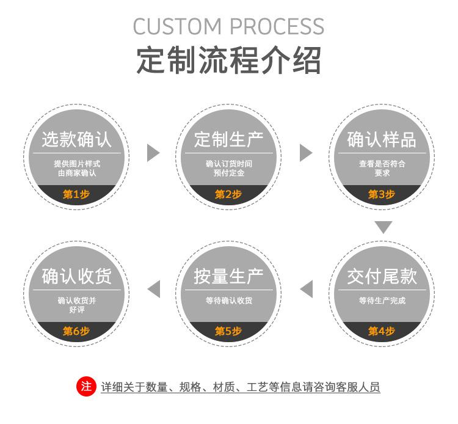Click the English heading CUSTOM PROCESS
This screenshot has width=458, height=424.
tap(228, 26)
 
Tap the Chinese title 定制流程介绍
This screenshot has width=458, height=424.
tap(228, 60)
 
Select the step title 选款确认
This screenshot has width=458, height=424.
tap(76, 140)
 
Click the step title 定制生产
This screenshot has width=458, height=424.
tap(229, 140)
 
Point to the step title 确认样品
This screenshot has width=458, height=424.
tap(382, 140)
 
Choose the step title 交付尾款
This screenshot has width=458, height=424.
tap(382, 276)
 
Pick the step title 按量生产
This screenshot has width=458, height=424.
tap(229, 276)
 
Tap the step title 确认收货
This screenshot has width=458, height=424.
tap(76, 276)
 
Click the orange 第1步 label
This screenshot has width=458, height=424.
tap(76, 194)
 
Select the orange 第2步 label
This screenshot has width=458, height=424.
tap(228, 194)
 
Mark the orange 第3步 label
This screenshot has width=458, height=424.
tap(382, 194)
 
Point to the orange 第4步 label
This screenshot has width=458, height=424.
tap(382, 331)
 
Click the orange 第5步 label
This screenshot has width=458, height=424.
tap(228, 331)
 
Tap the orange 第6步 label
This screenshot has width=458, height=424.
tap(76, 331)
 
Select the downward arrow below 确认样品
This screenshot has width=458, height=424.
tap(383, 227)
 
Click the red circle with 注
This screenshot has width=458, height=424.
tap(86, 386)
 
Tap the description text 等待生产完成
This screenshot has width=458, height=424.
tap(382, 301)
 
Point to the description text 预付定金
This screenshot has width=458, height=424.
tap(229, 173)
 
